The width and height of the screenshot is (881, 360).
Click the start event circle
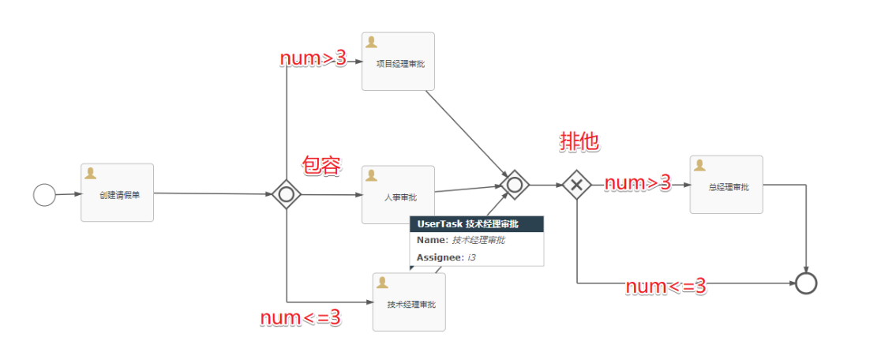tap(44, 194)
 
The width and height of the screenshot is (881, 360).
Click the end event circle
tap(806, 283)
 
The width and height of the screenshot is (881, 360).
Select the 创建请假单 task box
tap(117, 193)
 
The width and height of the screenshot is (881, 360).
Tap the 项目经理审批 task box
tap(398, 61)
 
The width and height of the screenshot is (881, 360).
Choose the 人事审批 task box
tap(398, 194)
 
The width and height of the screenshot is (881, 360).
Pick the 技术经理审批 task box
tap(409, 302)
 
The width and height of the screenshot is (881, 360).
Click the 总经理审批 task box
tap(726, 185)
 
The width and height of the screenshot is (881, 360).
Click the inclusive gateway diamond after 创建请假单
tap(287, 194)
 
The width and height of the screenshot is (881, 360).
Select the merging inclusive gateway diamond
tap(515, 185)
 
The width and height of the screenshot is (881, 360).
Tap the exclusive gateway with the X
tap(577, 185)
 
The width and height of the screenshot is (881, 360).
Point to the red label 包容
tap(321, 166)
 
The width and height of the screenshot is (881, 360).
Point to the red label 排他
tap(579, 141)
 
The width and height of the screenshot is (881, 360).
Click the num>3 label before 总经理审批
tap(637, 183)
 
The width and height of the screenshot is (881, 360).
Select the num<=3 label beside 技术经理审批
tap(301, 317)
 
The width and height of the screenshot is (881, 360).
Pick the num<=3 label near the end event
tap(665, 287)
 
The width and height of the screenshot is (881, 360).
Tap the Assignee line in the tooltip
tap(447, 257)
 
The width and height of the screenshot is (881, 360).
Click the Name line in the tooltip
tap(461, 240)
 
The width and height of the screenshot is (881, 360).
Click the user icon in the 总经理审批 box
tap(699, 165)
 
